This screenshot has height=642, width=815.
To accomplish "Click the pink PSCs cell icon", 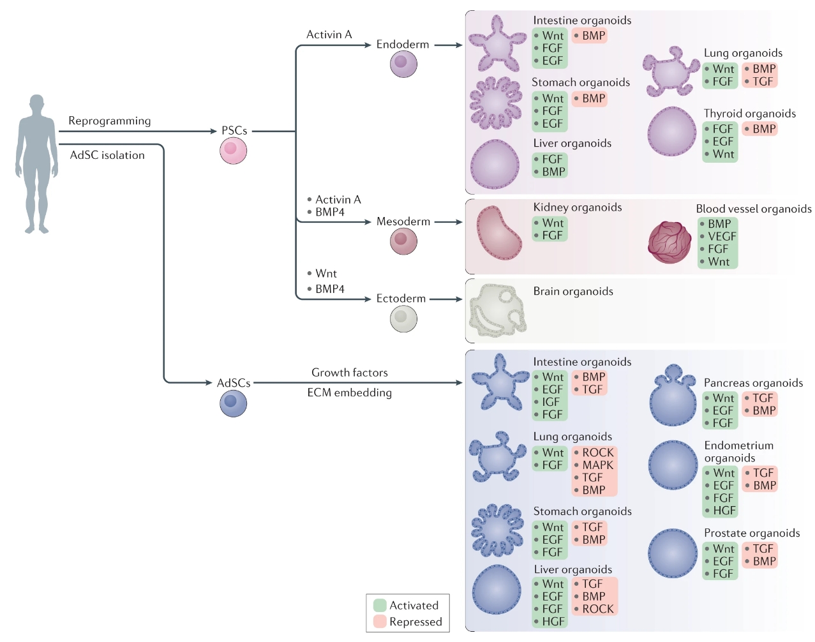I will (x=233, y=151).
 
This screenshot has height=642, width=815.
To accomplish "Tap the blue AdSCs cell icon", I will (x=233, y=403).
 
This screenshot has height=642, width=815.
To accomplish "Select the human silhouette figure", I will (x=36, y=163).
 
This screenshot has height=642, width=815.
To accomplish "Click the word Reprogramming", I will (x=110, y=121).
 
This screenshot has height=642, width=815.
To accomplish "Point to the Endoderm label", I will (x=402, y=44).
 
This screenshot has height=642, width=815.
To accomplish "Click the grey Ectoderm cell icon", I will (x=403, y=318).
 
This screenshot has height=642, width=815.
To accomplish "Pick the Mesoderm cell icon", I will (x=403, y=241).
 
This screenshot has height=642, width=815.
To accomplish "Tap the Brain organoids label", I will (x=572, y=291).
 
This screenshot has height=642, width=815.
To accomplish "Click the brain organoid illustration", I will (x=498, y=310).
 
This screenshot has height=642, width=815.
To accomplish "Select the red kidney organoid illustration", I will (x=499, y=232).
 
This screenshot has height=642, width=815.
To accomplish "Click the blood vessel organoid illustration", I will (x=669, y=243).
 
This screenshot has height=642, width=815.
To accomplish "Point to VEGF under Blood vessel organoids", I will (x=722, y=236).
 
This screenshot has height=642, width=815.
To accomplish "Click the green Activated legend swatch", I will (x=380, y=605).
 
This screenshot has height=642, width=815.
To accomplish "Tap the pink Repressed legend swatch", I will (x=380, y=622).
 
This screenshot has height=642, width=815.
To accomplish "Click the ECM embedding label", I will (x=349, y=392).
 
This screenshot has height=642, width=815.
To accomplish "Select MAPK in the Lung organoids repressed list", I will (x=597, y=465).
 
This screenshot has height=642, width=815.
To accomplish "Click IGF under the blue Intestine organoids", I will (x=551, y=402).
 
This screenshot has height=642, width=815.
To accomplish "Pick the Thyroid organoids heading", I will (x=749, y=114).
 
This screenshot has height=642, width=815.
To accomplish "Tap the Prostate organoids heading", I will (x=751, y=533).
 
